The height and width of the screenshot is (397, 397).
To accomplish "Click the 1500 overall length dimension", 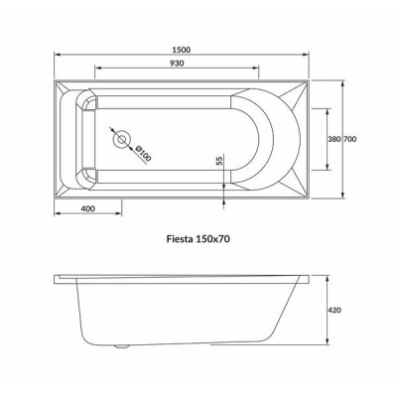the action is tap(182, 50).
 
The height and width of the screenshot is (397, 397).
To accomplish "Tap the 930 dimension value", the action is tap(177, 64).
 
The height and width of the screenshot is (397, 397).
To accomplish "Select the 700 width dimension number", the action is tap(350, 139).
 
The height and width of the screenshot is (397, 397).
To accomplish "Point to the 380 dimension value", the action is tap(334, 139).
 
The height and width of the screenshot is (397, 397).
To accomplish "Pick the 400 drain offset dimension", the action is tap(87, 208).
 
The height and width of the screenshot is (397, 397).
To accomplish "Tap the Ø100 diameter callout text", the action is tap(143, 153).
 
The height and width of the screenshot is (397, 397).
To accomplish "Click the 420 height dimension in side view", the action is tap(335, 310).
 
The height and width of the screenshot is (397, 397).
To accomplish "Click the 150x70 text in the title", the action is tap(212, 238).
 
